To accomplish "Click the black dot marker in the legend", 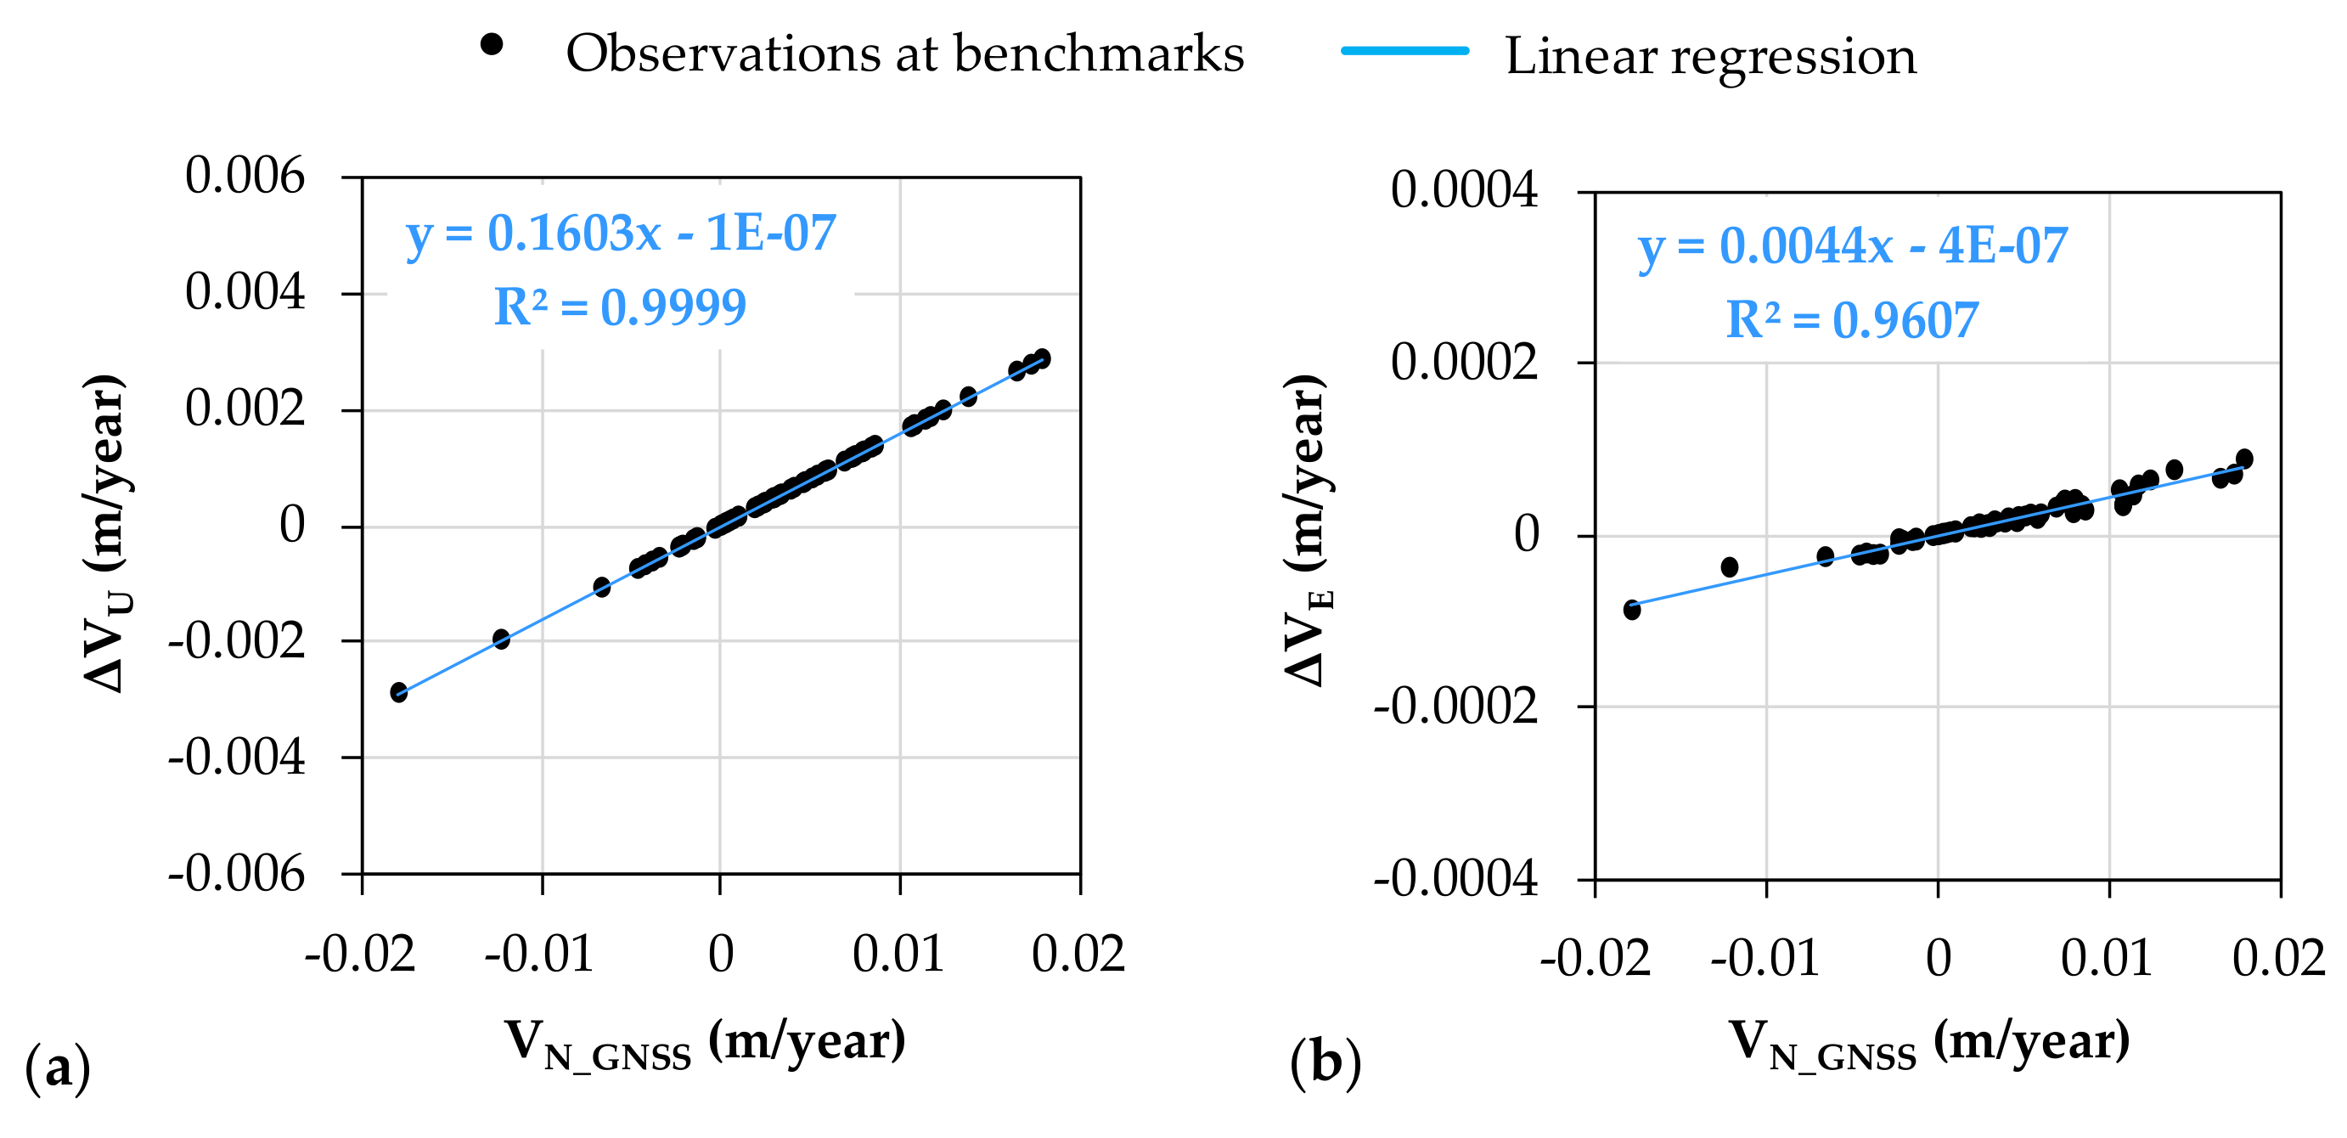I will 491,43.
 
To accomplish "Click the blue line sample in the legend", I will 1405,51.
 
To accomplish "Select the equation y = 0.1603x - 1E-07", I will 621,234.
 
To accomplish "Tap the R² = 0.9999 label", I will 620,307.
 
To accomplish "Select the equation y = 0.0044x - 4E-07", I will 1852,246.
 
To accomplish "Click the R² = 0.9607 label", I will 1852,321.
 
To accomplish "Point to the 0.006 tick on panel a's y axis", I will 245,176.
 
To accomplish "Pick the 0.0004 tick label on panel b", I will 1463,190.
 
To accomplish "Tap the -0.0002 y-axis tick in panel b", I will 1456,705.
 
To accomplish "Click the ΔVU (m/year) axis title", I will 105,533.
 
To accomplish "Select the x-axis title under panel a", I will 705,1041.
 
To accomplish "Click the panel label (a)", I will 58,1066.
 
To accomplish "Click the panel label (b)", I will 1325,1063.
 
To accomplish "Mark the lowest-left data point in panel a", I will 399,691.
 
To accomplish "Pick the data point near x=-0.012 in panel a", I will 501,639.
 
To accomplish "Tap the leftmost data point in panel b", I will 1632,609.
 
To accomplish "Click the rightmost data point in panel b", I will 2244,459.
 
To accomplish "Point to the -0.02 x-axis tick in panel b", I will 1596,959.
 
